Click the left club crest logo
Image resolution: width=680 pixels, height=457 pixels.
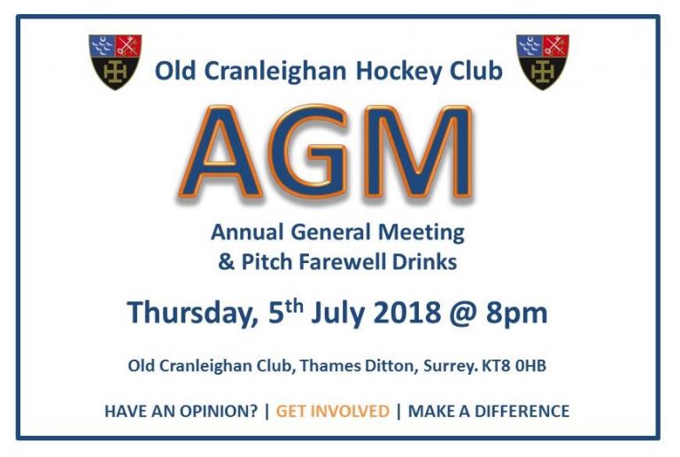tap(115, 61)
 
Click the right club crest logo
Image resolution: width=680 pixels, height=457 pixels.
tap(542, 61)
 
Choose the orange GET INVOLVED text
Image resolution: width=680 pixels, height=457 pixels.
tap(332, 411)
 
